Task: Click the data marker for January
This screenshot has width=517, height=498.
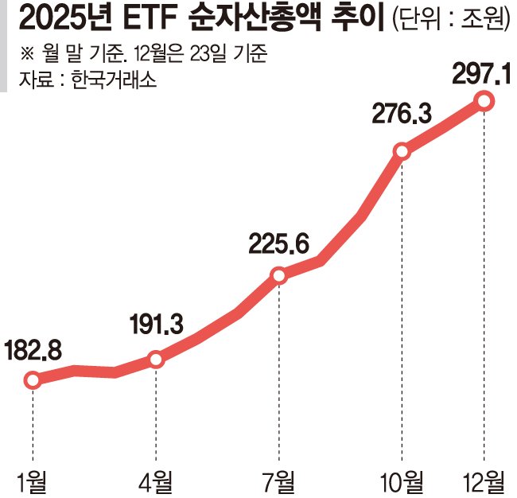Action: (33, 380)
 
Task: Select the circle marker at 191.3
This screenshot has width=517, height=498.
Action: (156, 360)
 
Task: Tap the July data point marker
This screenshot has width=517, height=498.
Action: (279, 275)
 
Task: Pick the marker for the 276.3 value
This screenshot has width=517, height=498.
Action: (402, 151)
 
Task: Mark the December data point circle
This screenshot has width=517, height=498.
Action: (484, 100)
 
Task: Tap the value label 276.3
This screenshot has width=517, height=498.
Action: (402, 114)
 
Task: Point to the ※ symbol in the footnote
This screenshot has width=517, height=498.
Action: (26, 56)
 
